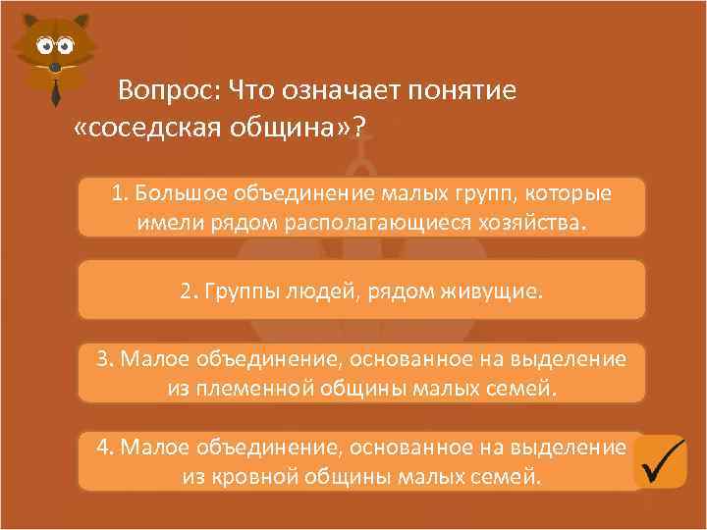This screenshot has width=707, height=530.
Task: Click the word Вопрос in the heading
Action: (x=166, y=92)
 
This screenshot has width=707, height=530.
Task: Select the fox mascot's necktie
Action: (x=56, y=89)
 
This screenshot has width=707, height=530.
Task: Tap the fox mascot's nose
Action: (x=55, y=66)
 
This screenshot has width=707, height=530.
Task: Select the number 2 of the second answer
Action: (x=187, y=291)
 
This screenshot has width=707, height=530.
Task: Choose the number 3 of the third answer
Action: (x=103, y=359)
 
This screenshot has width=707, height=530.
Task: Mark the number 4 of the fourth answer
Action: (x=103, y=448)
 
